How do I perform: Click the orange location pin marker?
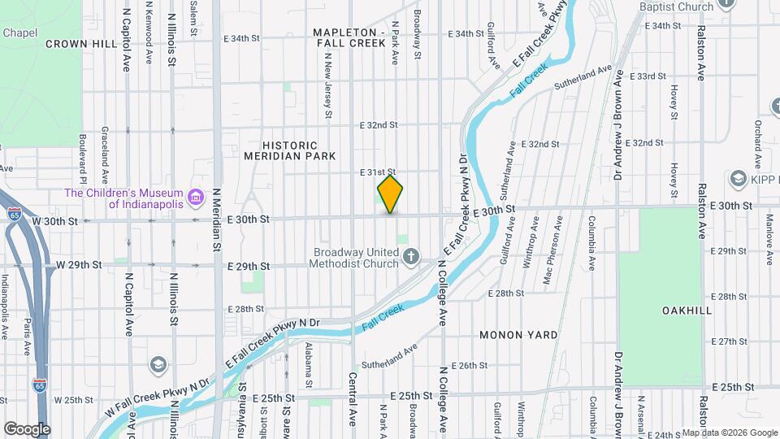(391, 194)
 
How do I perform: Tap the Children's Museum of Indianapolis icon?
(195, 197)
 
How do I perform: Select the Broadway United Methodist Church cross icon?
(412, 259)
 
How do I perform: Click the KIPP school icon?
(739, 178)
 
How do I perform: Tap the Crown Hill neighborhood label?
(81, 44)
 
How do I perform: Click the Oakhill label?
(664, 311)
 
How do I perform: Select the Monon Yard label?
(518, 335)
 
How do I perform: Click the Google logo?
(27, 428)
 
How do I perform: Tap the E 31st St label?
(377, 172)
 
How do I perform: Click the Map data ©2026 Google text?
(730, 432)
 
